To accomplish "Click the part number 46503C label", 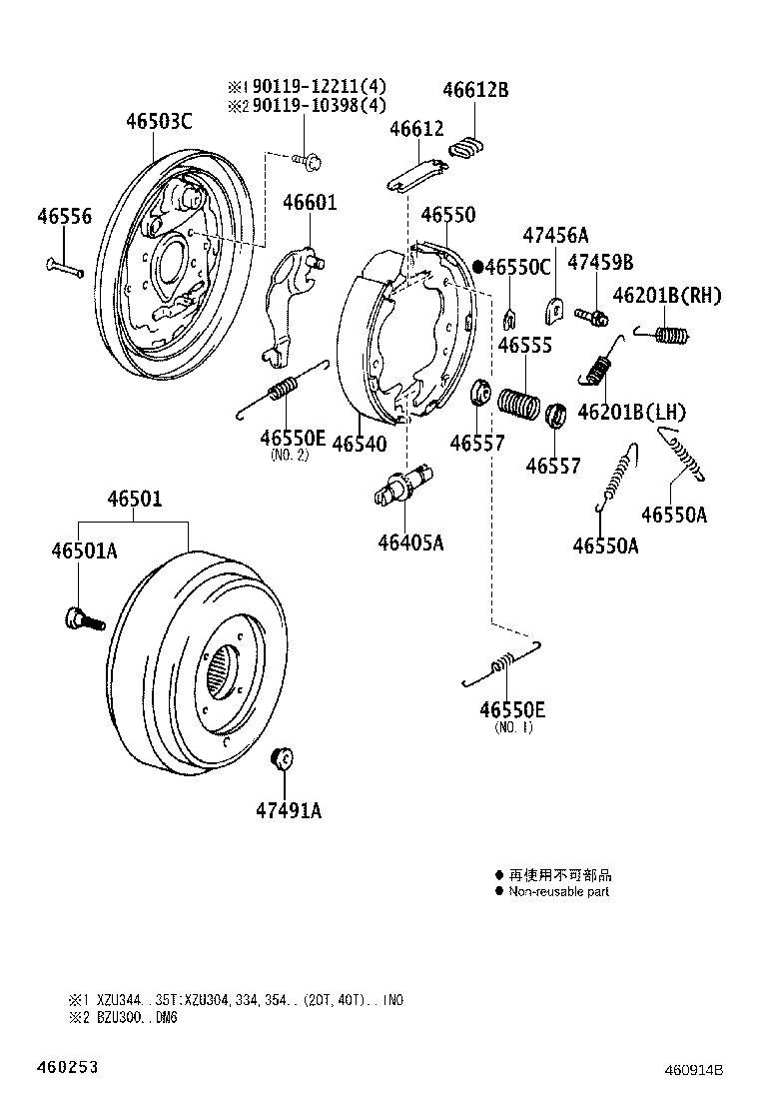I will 158,122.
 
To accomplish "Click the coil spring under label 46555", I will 517,404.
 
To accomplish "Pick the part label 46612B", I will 475,90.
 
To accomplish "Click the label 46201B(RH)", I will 666,296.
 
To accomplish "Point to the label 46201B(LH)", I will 632,412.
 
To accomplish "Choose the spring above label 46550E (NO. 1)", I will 502,664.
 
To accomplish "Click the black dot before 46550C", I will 478,267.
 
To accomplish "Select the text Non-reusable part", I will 558,891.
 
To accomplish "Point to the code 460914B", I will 693,1069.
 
